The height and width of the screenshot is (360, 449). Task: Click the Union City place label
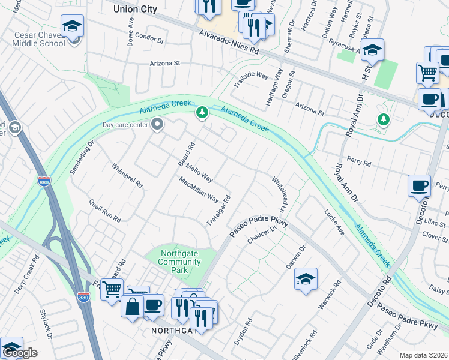[135, 9]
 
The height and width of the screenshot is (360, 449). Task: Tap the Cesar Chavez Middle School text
[40, 39]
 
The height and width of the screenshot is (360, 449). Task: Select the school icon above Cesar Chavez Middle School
[72, 26]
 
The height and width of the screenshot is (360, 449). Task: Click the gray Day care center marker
[158, 125]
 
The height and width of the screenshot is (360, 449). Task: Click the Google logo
[20, 353]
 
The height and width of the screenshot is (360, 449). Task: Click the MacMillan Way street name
[199, 188]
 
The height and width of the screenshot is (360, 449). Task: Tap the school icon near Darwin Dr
[306, 279]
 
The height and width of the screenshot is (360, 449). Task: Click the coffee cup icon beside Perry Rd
[419, 185]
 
